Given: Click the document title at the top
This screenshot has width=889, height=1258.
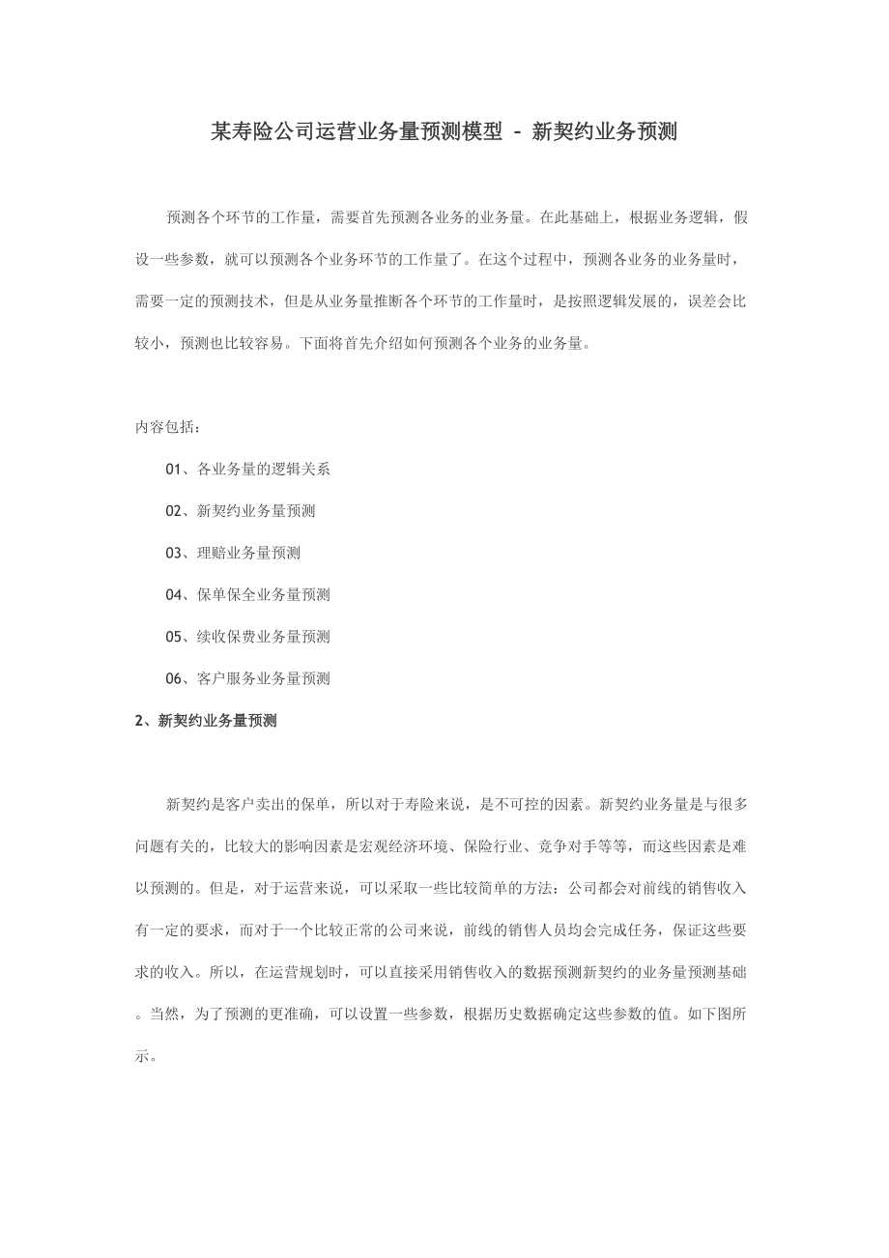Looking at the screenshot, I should click(444, 132).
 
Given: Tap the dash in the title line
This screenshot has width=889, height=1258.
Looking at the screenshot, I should click(517, 133).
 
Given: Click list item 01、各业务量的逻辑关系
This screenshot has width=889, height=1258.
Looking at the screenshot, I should click(247, 470).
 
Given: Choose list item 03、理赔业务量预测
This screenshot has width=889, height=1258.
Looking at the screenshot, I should click(233, 553).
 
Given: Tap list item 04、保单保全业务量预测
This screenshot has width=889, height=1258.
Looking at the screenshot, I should click(247, 594).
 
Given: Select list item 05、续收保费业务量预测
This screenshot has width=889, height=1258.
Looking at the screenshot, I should click(247, 636).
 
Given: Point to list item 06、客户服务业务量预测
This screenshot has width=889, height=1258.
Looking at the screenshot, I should click(247, 678).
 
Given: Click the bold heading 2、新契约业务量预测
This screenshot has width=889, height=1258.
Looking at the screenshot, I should click(206, 720).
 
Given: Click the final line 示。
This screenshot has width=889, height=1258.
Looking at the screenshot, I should click(145, 1056).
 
